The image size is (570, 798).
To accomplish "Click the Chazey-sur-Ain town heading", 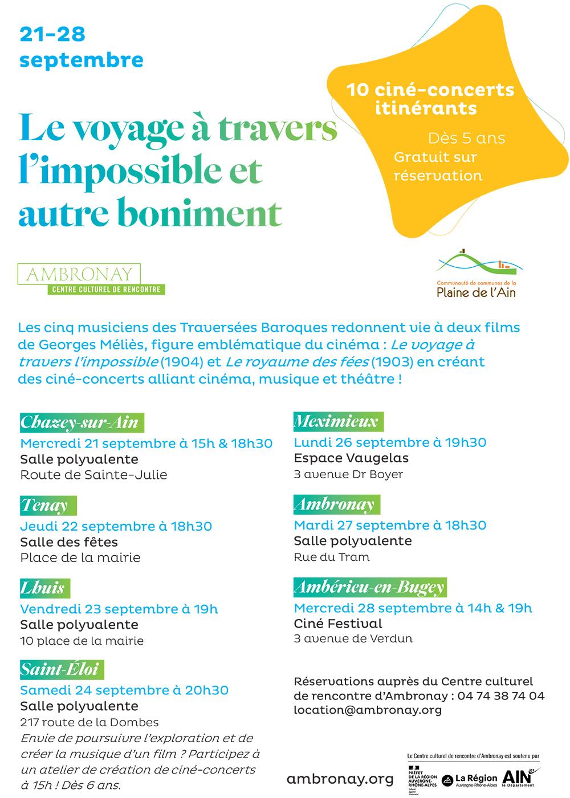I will click(x=80, y=422).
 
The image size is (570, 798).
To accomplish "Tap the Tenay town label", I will click(x=46, y=506).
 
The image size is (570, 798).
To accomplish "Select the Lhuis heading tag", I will click(x=43, y=588).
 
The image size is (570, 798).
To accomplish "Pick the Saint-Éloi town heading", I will click(x=62, y=670).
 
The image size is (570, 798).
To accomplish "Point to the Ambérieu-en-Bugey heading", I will click(x=369, y=587).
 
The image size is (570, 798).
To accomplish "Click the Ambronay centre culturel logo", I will click(x=91, y=279).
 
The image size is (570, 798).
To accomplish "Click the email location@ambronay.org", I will click(x=368, y=710).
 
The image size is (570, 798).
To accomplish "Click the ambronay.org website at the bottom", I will click(x=340, y=779).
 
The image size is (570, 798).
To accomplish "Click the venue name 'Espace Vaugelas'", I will click(x=351, y=458).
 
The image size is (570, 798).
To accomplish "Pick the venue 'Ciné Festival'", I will click(x=338, y=624).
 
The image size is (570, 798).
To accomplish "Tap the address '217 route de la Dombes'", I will click(x=89, y=723).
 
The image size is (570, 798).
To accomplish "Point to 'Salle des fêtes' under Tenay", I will click(x=69, y=541).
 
